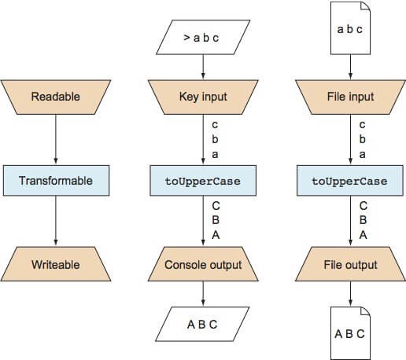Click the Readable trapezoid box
pyautogui.click(x=56, y=97)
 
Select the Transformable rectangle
pyautogui.click(x=56, y=181)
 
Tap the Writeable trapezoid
pyautogui.click(x=56, y=264)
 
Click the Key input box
pyautogui.click(x=203, y=97)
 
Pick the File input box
pyautogui.click(x=350, y=97)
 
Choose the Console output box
pyautogui.click(x=203, y=264)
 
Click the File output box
pyautogui.click(x=350, y=264)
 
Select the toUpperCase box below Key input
pyautogui.click(x=203, y=181)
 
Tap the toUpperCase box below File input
pyautogui.click(x=350, y=181)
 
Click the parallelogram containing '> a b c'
pyautogui.click(x=203, y=37)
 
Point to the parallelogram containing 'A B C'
pyautogui.click(x=202, y=324)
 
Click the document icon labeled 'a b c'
pyautogui.click(x=350, y=28)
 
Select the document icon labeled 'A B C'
pyautogui.click(x=350, y=333)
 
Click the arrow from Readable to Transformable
pyautogui.click(x=56, y=139)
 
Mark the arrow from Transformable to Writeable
pyautogui.click(x=56, y=221)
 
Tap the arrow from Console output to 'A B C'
pyautogui.click(x=203, y=293)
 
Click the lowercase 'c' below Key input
pyautogui.click(x=215, y=125)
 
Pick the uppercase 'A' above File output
pyautogui.click(x=363, y=235)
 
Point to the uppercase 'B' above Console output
pyautogui.click(x=216, y=220)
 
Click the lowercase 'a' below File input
pyautogui.click(x=362, y=155)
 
